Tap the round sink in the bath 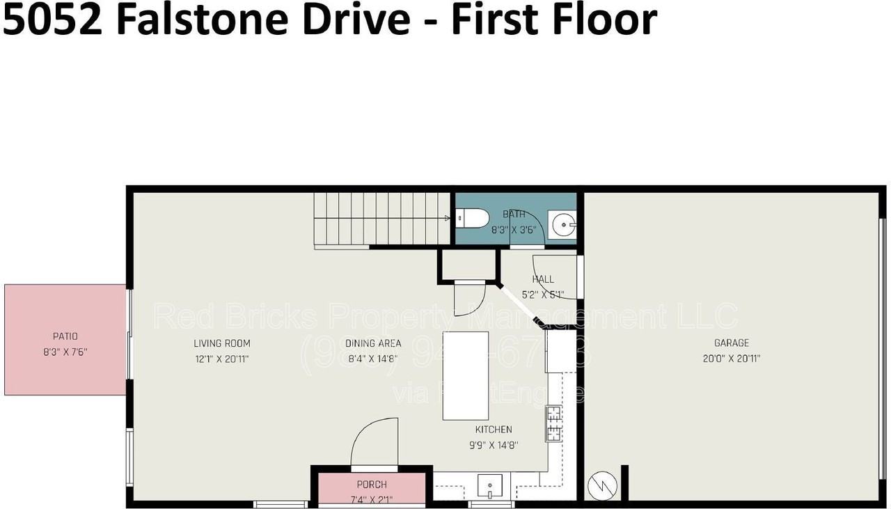pyautogui.click(x=562, y=225)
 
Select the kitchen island pyautogui.click(x=465, y=375)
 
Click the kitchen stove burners pyautogui.click(x=555, y=423)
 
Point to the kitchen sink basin pyautogui.click(x=490, y=484)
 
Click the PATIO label pyautogui.click(x=65, y=336)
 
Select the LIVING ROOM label pyautogui.click(x=221, y=343)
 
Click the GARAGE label pyautogui.click(x=731, y=343)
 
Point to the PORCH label pyautogui.click(x=371, y=485)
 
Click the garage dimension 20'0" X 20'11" pyautogui.click(x=731, y=359)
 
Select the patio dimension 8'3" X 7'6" pyautogui.click(x=65, y=352)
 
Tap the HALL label pyautogui.click(x=543, y=279)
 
